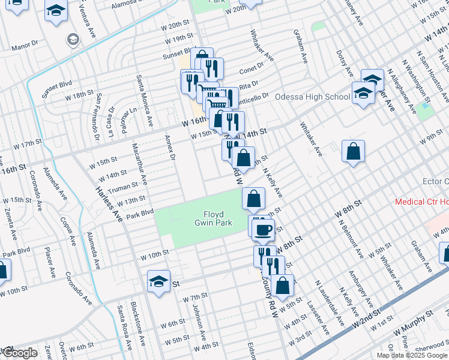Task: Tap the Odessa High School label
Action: pos(312,97)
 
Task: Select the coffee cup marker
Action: pos(262,229)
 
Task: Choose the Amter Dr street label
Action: pos(170,148)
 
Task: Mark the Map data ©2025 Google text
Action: pos(412,355)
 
